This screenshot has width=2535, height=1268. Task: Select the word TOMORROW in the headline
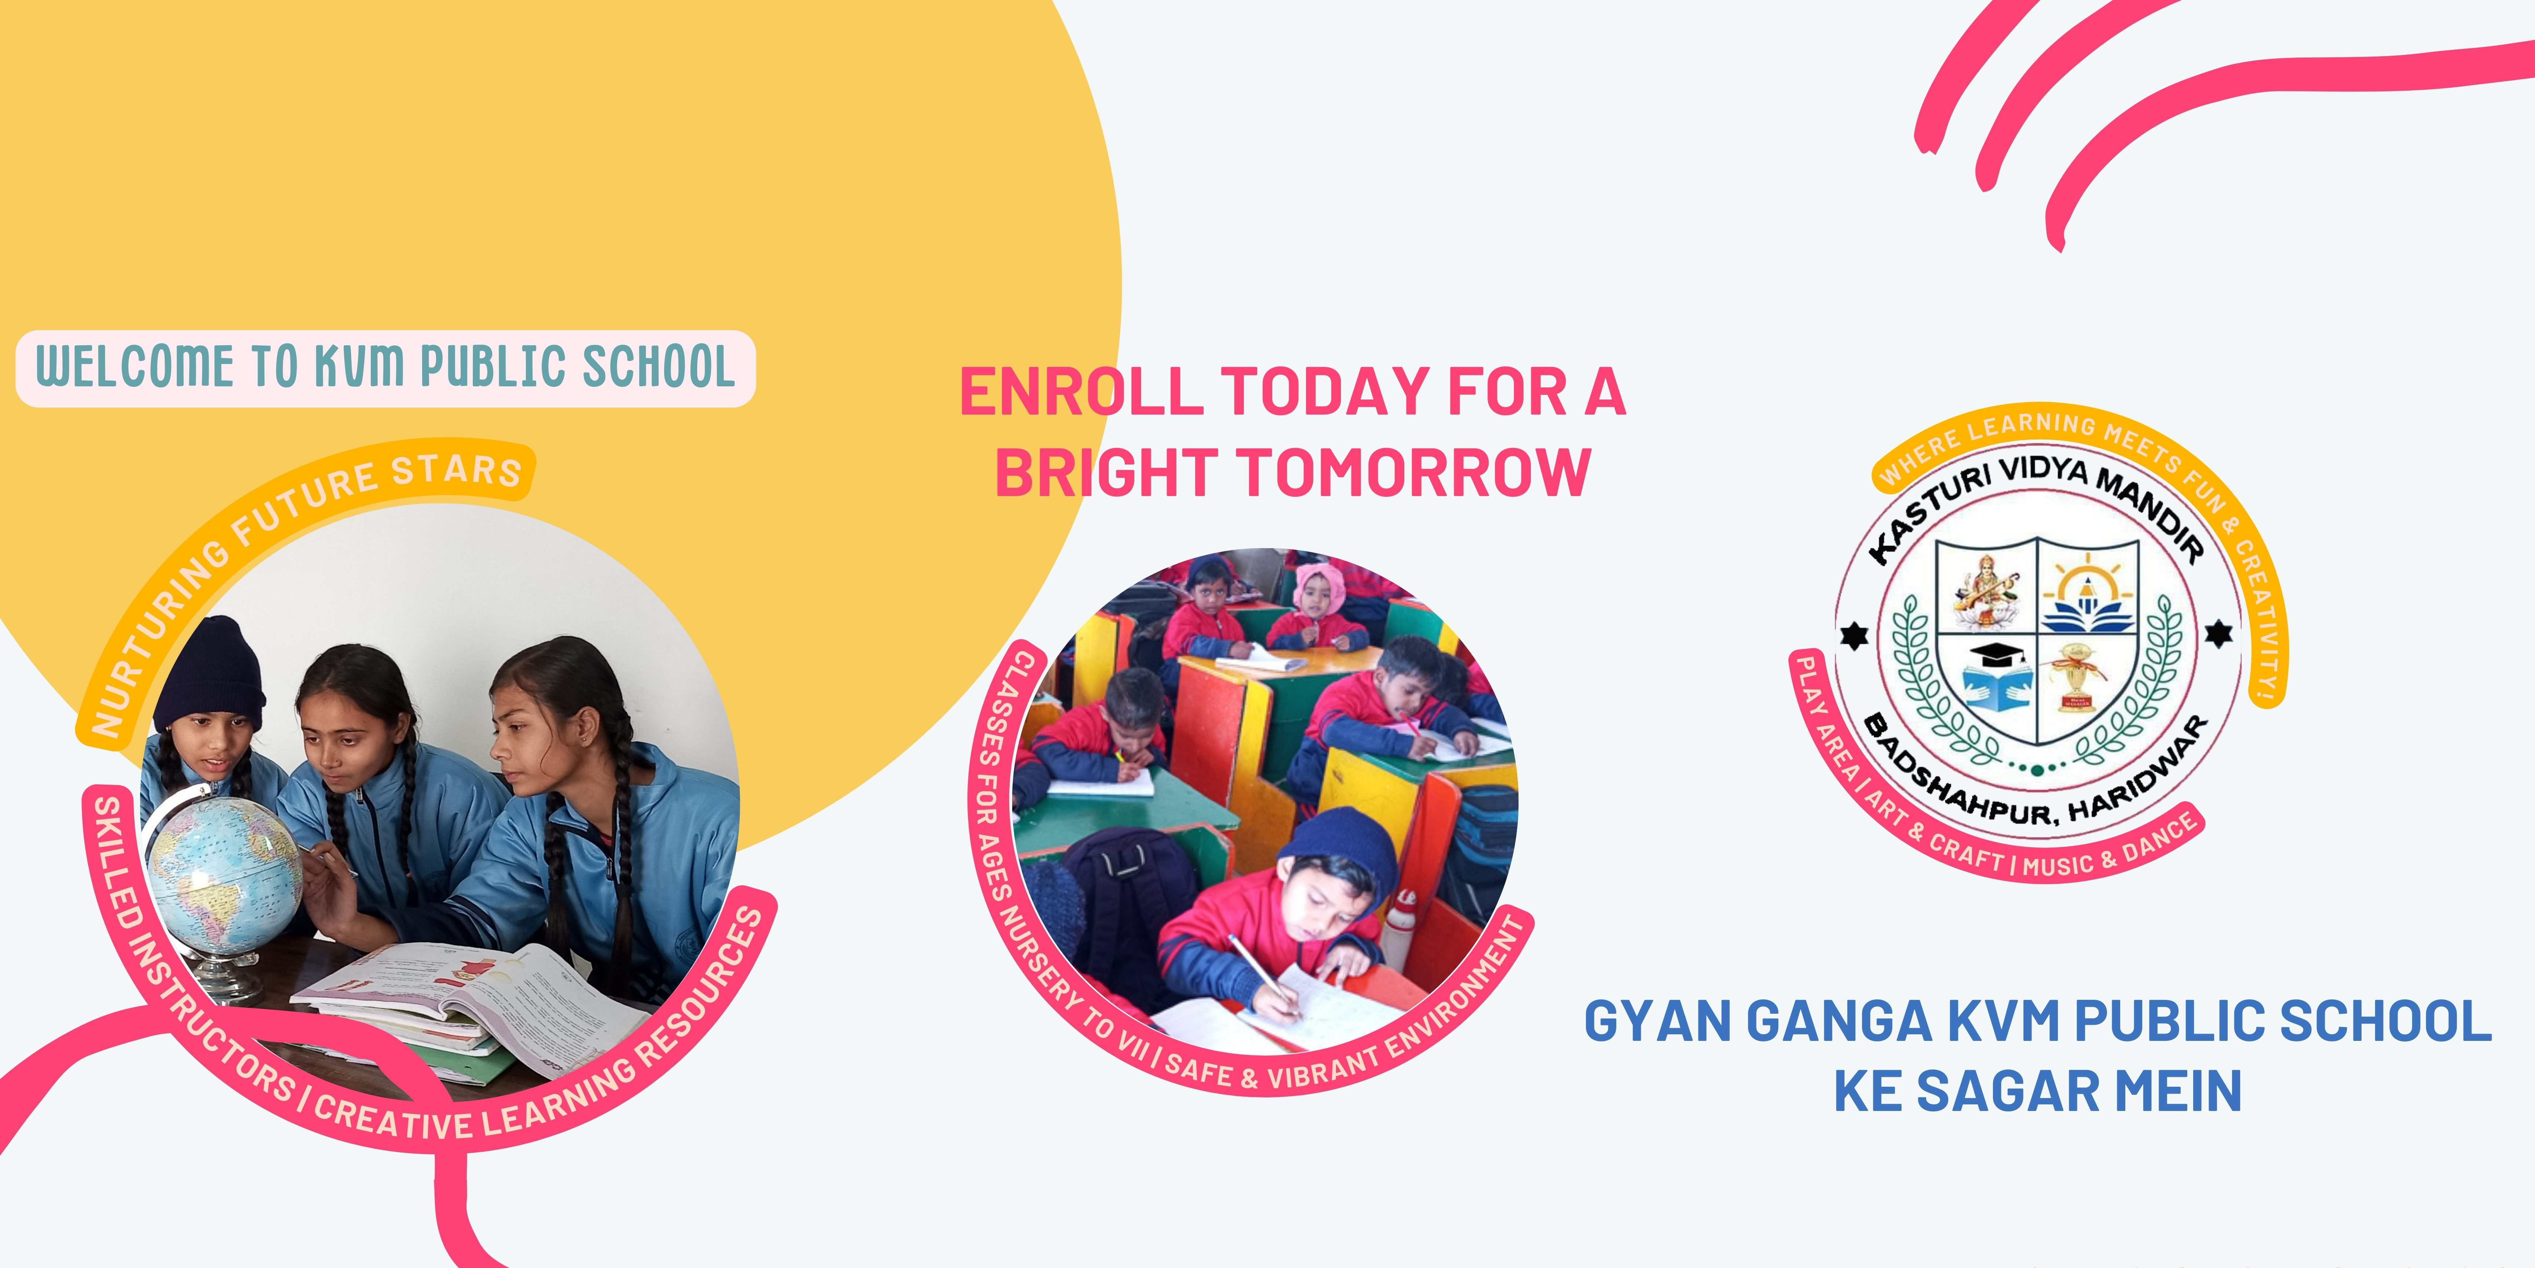pos(1414,473)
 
